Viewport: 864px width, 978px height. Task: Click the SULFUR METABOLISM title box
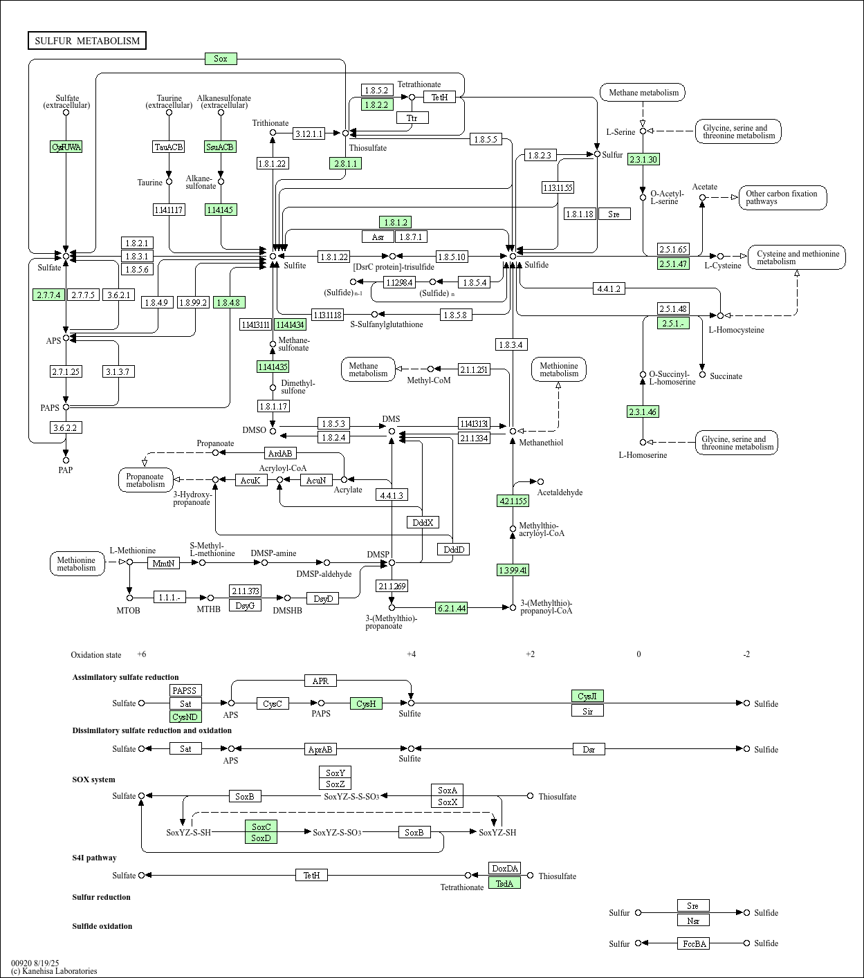click(x=87, y=41)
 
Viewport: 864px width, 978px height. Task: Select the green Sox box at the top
click(x=221, y=59)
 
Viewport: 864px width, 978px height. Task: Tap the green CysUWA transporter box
click(x=66, y=147)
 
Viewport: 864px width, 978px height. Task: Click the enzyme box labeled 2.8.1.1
click(x=345, y=163)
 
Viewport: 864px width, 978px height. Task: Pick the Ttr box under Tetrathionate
click(x=412, y=118)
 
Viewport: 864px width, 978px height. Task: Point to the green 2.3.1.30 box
click(x=643, y=159)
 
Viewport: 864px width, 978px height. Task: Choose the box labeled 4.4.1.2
click(x=609, y=288)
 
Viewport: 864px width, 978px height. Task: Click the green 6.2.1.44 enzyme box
click(x=451, y=608)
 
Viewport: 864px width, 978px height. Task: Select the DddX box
click(x=423, y=522)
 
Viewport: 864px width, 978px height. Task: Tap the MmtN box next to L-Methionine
click(x=164, y=563)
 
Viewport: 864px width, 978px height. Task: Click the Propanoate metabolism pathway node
click(x=145, y=480)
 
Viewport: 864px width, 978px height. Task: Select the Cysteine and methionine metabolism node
click(x=797, y=257)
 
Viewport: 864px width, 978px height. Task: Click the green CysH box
click(x=366, y=703)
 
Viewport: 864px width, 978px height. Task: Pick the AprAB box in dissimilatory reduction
click(x=320, y=749)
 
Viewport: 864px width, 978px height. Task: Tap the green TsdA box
click(x=504, y=883)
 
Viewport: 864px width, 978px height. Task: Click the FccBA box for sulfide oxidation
click(x=693, y=943)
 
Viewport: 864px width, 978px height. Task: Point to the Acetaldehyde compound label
click(x=560, y=492)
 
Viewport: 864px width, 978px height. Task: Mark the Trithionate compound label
click(x=270, y=123)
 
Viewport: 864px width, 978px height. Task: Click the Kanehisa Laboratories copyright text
click(x=54, y=971)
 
